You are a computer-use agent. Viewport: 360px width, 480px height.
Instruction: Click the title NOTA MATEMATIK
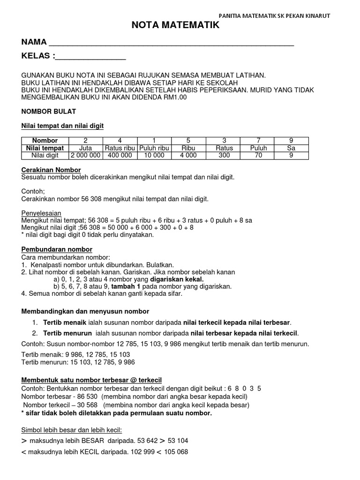click(175, 26)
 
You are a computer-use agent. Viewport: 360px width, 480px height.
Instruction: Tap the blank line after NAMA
click(171, 44)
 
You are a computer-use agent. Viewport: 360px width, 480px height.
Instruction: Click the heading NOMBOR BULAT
click(49, 112)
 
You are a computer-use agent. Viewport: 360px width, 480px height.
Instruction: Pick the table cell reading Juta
click(86, 148)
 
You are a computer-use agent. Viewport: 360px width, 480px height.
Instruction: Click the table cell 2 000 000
click(86, 156)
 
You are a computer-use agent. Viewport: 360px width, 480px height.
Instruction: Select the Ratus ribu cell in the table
click(120, 148)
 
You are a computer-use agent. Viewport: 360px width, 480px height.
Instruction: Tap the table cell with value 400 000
click(120, 156)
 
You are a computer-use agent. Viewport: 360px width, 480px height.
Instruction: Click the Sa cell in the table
click(291, 148)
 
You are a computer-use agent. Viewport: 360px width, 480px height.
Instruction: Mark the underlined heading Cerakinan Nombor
click(52, 170)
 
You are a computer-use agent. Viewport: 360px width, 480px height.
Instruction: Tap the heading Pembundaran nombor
click(57, 249)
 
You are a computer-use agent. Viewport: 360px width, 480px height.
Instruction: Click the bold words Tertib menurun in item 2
click(68, 333)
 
